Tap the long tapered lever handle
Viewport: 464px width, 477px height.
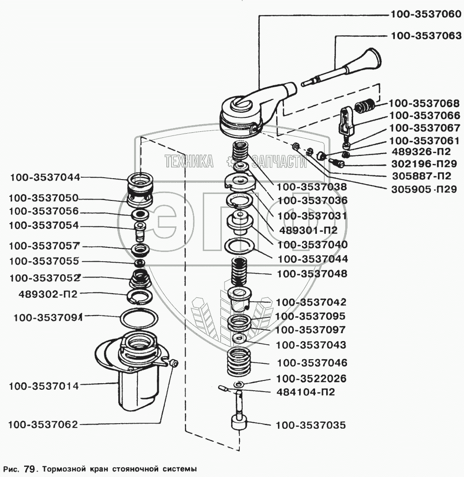coord(353,70)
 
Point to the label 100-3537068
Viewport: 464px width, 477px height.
coord(424,103)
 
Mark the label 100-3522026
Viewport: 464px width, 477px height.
coord(311,378)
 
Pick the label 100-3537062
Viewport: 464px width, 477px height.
coord(43,424)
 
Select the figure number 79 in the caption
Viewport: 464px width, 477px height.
coord(29,468)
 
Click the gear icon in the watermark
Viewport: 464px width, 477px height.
coord(231,161)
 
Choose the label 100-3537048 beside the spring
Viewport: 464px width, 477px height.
coord(311,274)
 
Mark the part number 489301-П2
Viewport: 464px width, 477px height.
coord(308,230)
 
